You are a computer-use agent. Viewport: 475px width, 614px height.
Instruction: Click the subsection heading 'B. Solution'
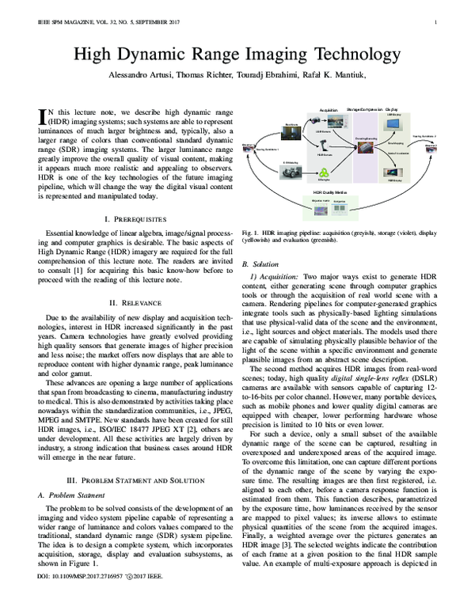tap(262, 263)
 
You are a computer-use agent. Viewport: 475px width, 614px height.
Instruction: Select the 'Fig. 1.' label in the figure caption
tap(252, 233)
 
